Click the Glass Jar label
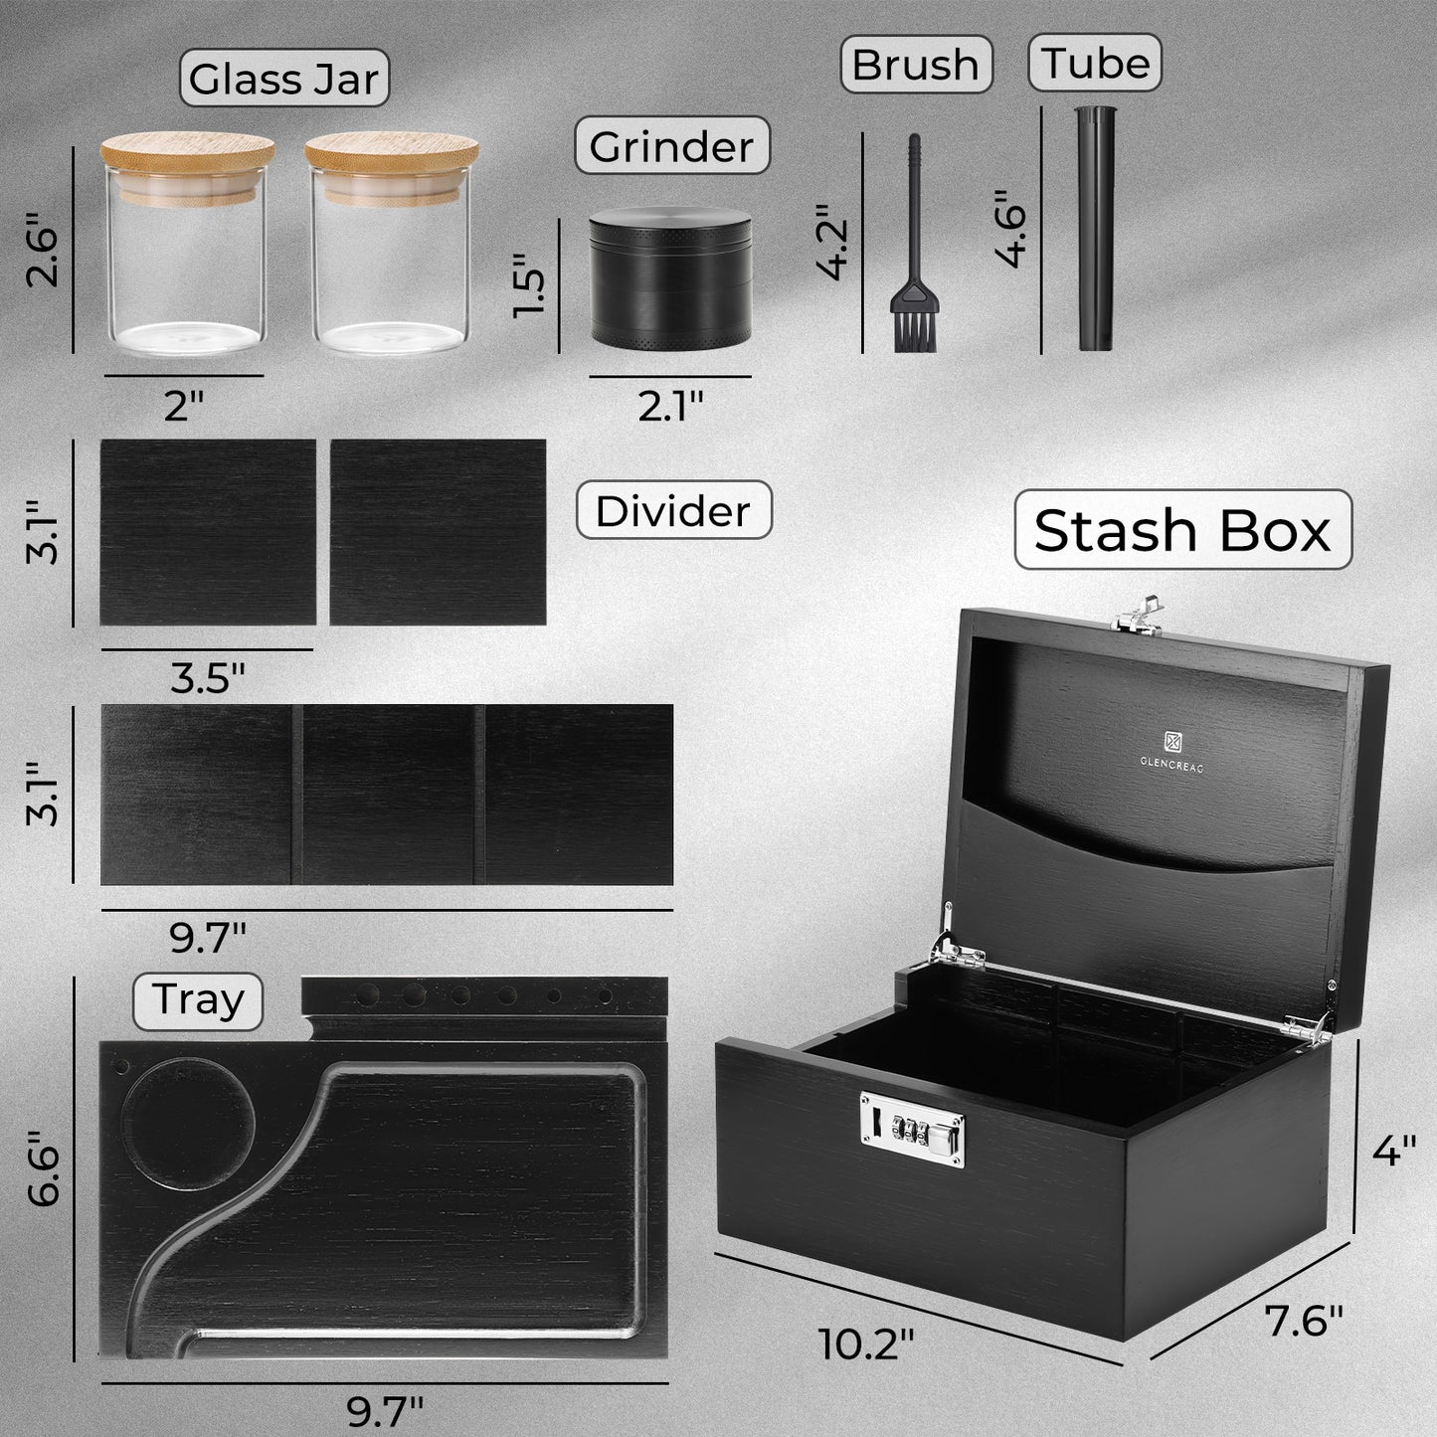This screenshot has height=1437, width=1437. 284,79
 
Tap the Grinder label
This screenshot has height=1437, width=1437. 672,145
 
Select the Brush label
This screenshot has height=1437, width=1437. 916,64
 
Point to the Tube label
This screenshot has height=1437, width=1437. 1095,63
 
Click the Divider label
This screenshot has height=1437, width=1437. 673,510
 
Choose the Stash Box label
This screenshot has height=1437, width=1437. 1182,529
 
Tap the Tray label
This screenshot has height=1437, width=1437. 198,1000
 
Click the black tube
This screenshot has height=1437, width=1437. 1096,228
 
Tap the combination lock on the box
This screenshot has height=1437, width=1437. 912,1129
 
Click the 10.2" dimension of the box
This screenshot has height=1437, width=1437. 866,1344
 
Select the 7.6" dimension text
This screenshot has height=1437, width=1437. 1303,1321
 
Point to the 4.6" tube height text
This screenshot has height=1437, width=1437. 1011,228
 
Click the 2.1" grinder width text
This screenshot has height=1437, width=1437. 670,407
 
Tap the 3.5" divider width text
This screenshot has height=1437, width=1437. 207,678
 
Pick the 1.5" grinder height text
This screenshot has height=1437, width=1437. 529,284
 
